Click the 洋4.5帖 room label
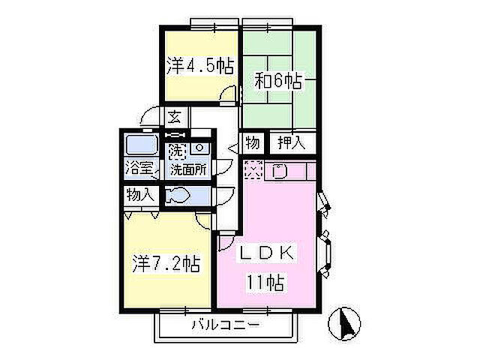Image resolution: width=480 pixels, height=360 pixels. tap(200, 66)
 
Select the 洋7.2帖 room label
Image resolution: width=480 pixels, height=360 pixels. tap(166, 264)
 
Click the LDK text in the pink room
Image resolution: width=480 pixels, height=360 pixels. tap(267, 253)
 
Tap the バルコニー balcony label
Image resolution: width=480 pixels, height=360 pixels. tap(224, 326)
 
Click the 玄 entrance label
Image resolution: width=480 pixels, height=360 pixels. tap(174, 117)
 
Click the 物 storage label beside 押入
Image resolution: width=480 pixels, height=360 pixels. tap(252, 142)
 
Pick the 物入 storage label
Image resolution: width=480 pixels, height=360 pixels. tap(140, 194)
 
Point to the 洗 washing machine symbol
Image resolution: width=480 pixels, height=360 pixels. tap(175, 148)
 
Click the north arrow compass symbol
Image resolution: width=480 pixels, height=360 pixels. tap(346, 323)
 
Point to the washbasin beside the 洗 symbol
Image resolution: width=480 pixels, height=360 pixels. tap(199, 148)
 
